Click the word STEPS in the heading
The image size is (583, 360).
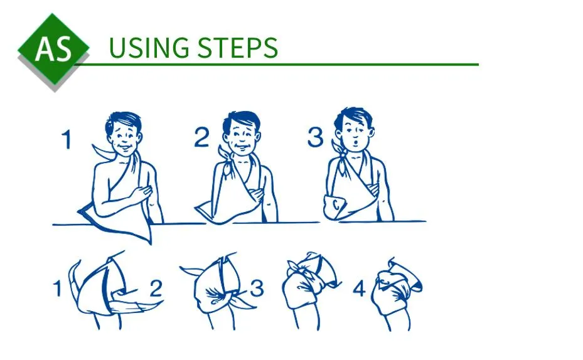[237, 48]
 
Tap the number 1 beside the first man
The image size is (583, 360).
[67, 139]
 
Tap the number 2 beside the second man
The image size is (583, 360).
[202, 137]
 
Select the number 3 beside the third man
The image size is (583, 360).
[315, 137]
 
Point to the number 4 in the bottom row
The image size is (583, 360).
[359, 289]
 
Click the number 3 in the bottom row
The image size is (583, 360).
[257, 289]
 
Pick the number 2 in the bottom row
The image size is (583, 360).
[156, 289]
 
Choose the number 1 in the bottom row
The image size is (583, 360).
[57, 289]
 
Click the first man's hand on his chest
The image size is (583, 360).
[142, 193]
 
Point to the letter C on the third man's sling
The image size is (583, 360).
[336, 204]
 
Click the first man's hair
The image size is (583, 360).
[123, 122]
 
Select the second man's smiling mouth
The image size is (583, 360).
[242, 146]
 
